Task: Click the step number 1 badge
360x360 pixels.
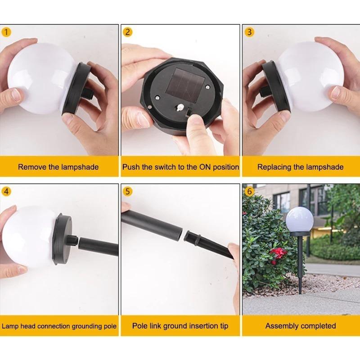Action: (6, 32)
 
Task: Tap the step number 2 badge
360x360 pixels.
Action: (128, 32)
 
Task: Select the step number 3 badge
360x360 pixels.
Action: (249, 32)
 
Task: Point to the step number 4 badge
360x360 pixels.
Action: (6, 191)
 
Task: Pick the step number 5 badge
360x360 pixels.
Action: (128, 191)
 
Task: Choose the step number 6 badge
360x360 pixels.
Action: (249, 191)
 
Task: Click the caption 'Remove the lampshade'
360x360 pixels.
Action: (58, 167)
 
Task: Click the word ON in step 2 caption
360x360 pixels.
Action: (192, 167)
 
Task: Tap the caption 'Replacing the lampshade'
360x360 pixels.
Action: (300, 167)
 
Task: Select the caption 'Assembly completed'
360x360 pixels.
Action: (300, 326)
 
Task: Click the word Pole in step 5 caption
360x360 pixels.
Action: (140, 326)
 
